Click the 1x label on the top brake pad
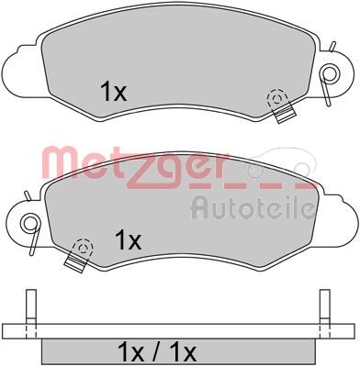(113, 92)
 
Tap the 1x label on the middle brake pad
(128, 239)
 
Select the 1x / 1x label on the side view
(157, 354)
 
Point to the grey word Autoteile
(253, 208)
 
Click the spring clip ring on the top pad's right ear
(329, 73)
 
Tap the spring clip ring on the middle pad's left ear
(31, 222)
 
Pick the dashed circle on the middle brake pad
(83, 248)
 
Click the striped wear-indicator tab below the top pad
(285, 113)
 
